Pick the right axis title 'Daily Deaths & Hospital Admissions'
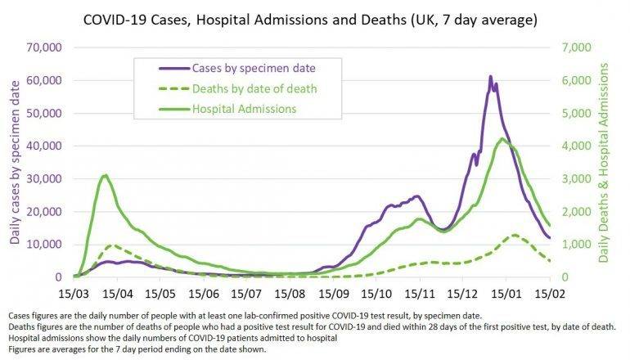[606, 164]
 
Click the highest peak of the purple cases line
[490, 77]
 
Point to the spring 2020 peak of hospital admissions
[105, 175]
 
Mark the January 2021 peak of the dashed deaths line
[513, 235]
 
